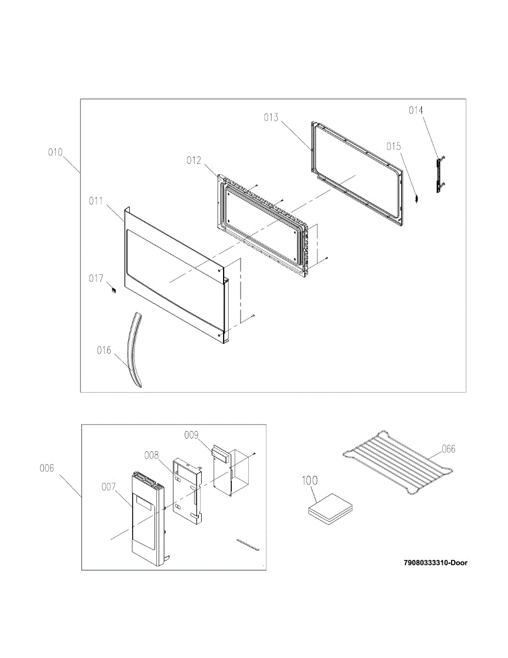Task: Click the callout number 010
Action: click(x=55, y=152)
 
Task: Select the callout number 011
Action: click(x=96, y=201)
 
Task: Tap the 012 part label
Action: click(x=194, y=161)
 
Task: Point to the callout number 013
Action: click(x=271, y=117)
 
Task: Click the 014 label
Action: click(x=416, y=110)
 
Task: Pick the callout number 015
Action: click(x=393, y=146)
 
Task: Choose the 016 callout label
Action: click(x=104, y=350)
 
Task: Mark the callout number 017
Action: click(x=96, y=279)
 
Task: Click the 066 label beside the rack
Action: click(x=448, y=449)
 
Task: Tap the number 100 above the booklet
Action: click(x=310, y=481)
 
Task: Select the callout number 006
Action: click(x=47, y=468)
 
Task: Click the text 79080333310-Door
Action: click(x=436, y=563)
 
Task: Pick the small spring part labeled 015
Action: click(x=417, y=198)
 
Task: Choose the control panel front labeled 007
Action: click(x=146, y=518)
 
